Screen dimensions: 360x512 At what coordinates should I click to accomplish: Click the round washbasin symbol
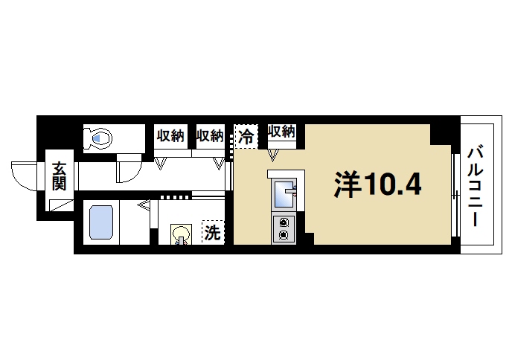(179, 235)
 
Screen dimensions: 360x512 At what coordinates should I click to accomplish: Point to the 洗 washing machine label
(212, 233)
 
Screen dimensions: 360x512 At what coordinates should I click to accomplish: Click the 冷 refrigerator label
(246, 136)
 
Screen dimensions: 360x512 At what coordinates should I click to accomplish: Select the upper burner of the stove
(284, 222)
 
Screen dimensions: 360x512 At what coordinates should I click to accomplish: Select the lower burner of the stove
(284, 235)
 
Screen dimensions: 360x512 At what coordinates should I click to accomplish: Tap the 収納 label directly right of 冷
(281, 132)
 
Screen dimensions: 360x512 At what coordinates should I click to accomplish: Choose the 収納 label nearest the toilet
(170, 135)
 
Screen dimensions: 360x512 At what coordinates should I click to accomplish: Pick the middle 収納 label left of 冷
(210, 135)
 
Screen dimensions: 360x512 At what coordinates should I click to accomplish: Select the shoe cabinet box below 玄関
(60, 205)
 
